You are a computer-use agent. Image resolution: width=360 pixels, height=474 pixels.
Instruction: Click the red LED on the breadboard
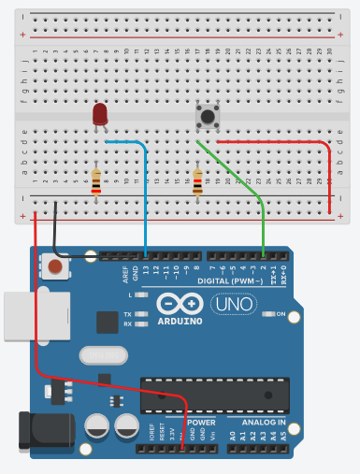[99, 115]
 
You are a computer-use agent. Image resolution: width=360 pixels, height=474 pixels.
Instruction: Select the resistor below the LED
[96, 180]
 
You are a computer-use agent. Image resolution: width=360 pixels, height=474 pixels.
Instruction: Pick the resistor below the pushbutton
[196, 180]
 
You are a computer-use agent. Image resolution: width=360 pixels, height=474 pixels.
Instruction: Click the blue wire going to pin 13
[146, 196]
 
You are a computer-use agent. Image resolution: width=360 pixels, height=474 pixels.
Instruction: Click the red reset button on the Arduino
[56, 268]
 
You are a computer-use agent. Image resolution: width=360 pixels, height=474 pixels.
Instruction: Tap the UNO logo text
[229, 304]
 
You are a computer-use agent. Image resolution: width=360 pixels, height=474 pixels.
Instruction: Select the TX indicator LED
[140, 314]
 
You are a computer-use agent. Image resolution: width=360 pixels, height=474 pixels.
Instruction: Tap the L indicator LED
[140, 295]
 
